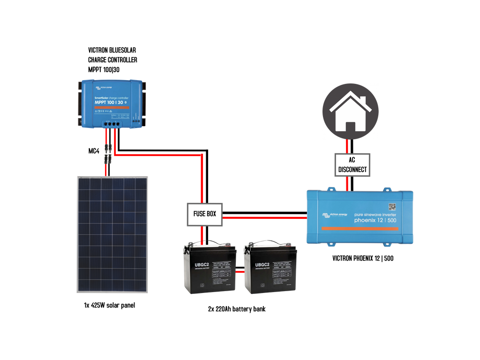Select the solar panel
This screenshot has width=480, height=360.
[112, 234]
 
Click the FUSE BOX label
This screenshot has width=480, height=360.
[205, 214]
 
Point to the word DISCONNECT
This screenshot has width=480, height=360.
[352, 170]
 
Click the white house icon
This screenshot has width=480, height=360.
[350, 112]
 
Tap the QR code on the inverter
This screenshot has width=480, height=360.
[392, 206]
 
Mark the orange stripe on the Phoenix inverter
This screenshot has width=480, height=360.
[360, 228]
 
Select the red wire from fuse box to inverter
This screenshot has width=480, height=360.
[265, 217]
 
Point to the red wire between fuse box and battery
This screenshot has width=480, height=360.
[202, 233]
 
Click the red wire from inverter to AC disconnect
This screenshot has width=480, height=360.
[347, 184]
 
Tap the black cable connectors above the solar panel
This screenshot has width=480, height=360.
[108, 154]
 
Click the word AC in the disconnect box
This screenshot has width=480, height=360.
[352, 160]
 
